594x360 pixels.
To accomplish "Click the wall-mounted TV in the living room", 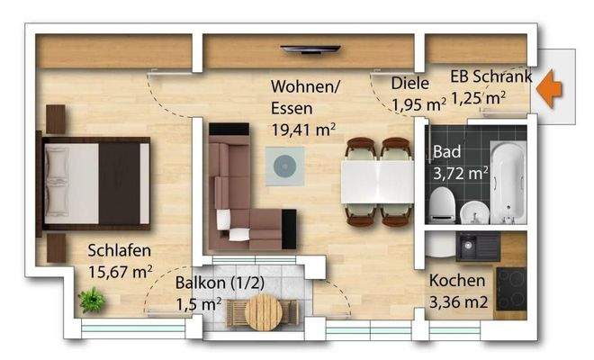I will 310,49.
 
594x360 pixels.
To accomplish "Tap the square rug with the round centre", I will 284,166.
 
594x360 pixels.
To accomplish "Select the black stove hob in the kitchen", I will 512,288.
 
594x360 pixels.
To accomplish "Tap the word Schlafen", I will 119,251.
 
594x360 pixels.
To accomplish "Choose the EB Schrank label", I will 490,76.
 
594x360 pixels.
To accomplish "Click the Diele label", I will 409,84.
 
